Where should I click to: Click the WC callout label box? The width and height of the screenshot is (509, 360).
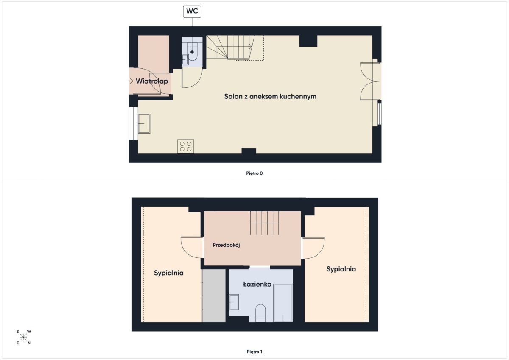click(192, 11)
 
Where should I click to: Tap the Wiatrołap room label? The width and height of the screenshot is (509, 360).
click(152, 81)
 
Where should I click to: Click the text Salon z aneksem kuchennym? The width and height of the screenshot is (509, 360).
click(270, 96)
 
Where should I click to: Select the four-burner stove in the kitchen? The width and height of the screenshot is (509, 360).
click(186, 146)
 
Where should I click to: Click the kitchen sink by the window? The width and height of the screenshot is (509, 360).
click(144, 123)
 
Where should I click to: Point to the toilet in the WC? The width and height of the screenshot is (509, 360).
click(192, 52)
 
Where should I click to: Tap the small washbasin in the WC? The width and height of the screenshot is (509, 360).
click(185, 59)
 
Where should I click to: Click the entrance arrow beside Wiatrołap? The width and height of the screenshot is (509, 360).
click(130, 81)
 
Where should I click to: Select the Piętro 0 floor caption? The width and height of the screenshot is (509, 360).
click(254, 173)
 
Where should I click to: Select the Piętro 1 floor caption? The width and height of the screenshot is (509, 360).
click(255, 352)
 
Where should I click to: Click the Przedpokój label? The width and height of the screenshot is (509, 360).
click(226, 245)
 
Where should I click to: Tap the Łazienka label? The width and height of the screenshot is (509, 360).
click(257, 284)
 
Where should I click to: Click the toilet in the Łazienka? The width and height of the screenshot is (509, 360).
click(260, 313)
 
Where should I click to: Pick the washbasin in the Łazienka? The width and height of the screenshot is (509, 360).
click(234, 302)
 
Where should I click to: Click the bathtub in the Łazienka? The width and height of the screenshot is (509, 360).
click(283, 303)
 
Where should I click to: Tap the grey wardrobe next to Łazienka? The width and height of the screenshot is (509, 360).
click(214, 296)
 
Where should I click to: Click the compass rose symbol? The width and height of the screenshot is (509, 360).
click(23, 337)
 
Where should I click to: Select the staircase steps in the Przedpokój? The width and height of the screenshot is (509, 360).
click(265, 223)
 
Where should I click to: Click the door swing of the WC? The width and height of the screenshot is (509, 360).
click(192, 78)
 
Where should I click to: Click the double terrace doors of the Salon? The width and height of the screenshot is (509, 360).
click(370, 81)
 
